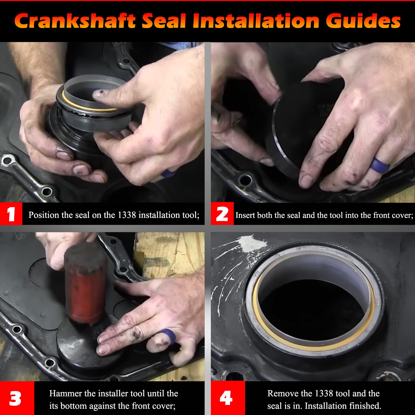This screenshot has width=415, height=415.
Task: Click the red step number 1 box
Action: tap(11, 214)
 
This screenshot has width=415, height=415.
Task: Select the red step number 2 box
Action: tap(222, 214)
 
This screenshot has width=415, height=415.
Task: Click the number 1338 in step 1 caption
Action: tap(127, 215)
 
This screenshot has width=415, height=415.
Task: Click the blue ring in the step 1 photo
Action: tap(168, 173)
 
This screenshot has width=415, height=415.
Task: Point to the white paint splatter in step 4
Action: tap(253, 244)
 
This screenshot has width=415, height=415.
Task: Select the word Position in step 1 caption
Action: tap(44, 215)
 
